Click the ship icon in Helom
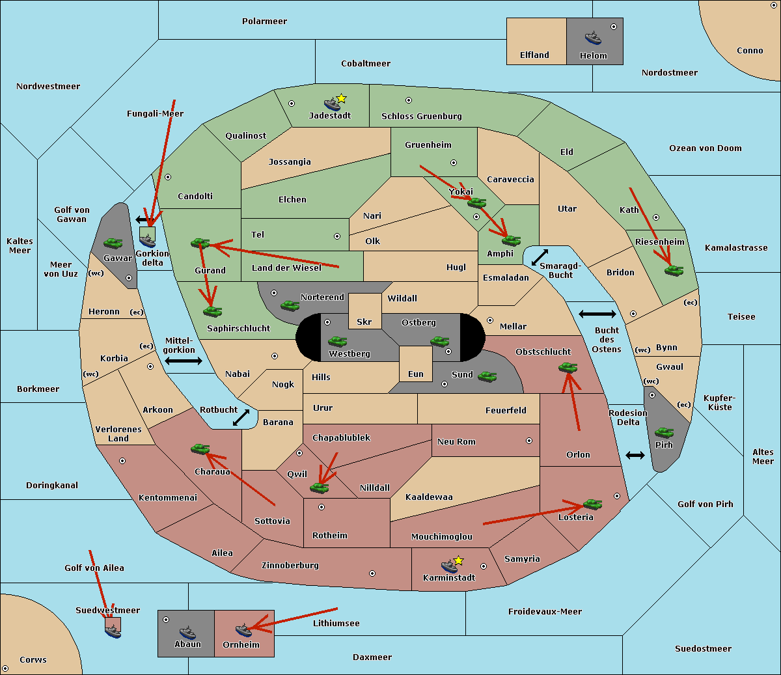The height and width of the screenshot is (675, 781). tap(593, 38)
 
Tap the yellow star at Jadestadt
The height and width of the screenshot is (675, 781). tap(341, 99)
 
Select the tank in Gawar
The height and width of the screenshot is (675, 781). tap(113, 243)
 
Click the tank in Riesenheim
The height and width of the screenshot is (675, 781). tap(674, 271)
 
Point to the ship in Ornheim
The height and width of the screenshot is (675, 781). tap(243, 630)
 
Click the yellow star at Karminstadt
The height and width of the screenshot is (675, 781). tap(458, 560)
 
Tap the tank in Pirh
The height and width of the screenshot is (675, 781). tap(664, 432)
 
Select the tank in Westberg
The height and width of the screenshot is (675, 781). tap(337, 342)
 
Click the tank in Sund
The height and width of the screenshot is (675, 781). tap(487, 376)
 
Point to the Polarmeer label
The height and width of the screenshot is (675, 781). tap(264, 21)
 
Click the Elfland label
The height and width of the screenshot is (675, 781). tap(534, 55)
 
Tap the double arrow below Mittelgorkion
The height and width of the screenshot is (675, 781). tap(184, 361)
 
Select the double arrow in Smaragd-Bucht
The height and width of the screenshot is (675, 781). tap(540, 257)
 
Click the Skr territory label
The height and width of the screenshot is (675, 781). tap(364, 322)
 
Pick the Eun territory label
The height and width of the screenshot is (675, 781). tap(416, 374)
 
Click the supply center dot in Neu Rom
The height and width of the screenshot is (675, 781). tap(529, 441)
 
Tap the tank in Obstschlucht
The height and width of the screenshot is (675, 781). tap(568, 367)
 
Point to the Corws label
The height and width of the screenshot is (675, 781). tap(33, 659)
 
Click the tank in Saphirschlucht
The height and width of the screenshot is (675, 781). tap(212, 311)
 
